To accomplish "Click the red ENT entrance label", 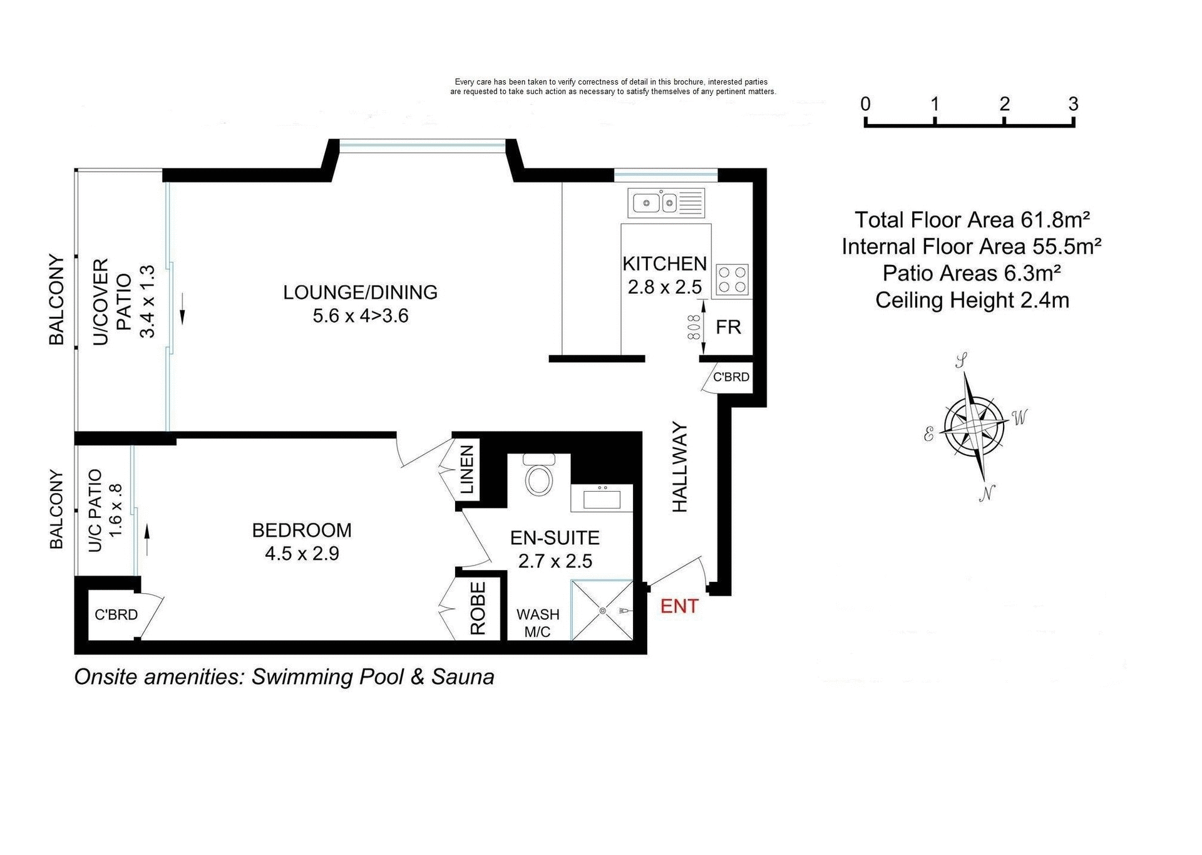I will click(679, 606).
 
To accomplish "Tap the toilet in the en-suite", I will click(538, 477).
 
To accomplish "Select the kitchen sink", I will click(655, 203).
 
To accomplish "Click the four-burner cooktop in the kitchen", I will click(732, 279).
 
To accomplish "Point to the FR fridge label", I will click(728, 327).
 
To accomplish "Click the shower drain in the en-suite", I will click(602, 611).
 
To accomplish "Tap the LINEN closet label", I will click(467, 470).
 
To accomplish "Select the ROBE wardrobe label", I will click(478, 608).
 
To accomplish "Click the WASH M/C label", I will click(537, 623).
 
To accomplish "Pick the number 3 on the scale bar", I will click(1073, 104).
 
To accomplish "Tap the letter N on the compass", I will click(987, 494).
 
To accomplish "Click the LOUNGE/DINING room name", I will click(360, 292).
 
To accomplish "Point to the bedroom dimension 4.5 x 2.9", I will click(302, 554).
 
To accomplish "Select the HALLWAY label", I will click(680, 467).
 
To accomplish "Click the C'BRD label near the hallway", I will click(731, 377).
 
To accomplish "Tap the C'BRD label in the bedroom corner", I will click(116, 614).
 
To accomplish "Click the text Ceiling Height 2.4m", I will click(972, 300).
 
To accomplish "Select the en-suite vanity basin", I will click(602, 499).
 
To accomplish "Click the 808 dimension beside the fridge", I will click(693, 327).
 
